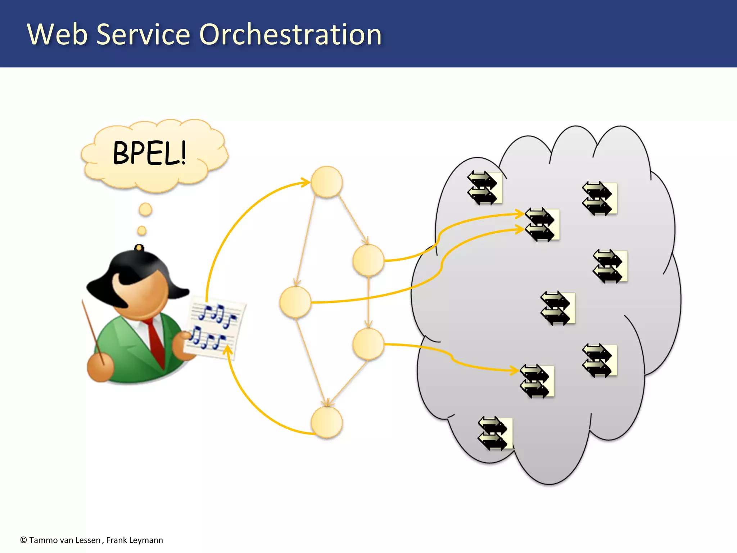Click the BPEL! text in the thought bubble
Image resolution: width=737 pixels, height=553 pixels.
(x=150, y=153)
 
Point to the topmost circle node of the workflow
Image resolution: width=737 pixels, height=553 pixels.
(x=326, y=182)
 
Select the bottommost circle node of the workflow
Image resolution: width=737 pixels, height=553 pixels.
(x=326, y=422)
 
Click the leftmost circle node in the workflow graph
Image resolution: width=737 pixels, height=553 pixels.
(x=295, y=302)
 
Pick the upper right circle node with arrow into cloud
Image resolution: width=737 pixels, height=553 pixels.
(x=368, y=260)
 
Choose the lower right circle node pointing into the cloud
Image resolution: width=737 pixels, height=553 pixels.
(x=368, y=344)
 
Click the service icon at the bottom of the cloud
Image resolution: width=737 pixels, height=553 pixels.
(x=495, y=433)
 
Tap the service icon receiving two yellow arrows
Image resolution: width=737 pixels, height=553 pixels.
(x=542, y=224)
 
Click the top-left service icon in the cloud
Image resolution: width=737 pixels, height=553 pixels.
(x=484, y=188)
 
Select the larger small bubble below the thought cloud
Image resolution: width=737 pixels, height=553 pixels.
(x=145, y=209)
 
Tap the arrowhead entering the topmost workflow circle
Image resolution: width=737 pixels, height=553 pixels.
(x=306, y=182)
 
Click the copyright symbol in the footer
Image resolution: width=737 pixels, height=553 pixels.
(x=24, y=540)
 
